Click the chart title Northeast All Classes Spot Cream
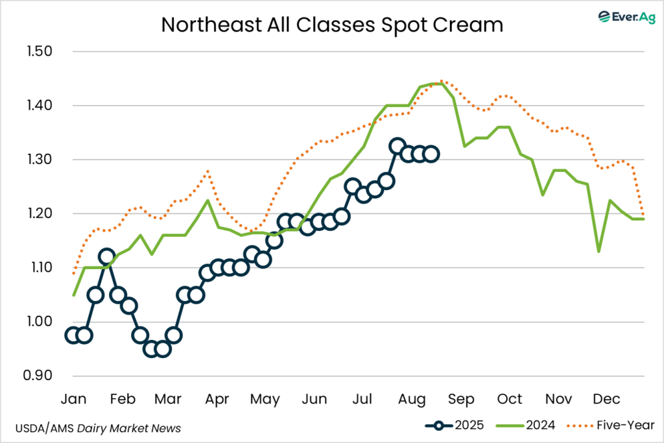[x=331, y=25]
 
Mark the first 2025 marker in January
[x=73, y=335]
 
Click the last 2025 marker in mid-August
[x=431, y=154]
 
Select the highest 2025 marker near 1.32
[x=397, y=146]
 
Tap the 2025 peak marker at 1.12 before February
[x=107, y=257]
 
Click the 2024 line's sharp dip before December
[x=599, y=252]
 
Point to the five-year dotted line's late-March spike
[x=207, y=171]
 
